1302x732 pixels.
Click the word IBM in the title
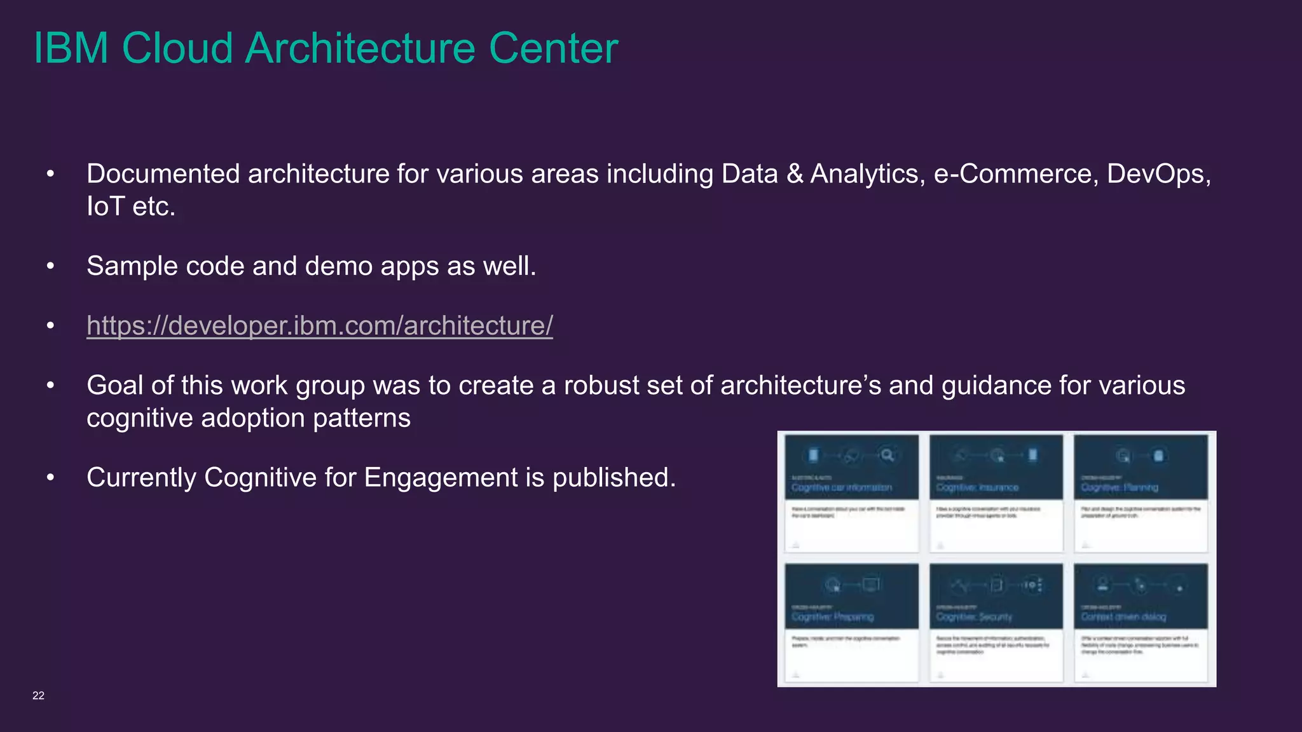tap(71, 48)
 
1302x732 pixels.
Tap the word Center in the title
tap(553, 48)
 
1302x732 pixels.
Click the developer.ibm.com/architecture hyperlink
tap(319, 325)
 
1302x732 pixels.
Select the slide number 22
tap(38, 695)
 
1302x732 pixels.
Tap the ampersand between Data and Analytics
tap(795, 174)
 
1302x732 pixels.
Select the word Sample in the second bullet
tap(132, 266)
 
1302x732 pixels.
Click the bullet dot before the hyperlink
tap(51, 326)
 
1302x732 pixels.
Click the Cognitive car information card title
tap(841, 487)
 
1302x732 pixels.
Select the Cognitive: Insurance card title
tap(977, 487)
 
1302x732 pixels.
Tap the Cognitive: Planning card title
tap(1120, 487)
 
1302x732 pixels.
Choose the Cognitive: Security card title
tap(974, 617)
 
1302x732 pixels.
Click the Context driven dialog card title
tap(1123, 617)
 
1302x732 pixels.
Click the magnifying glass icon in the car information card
tap(887, 455)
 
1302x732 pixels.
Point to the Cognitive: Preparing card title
tap(832, 617)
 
